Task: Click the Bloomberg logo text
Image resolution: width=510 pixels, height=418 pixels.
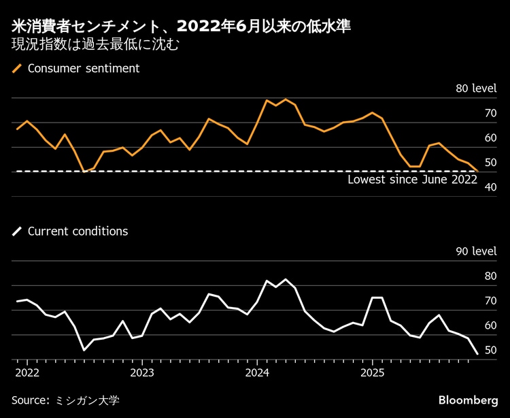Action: point(468,399)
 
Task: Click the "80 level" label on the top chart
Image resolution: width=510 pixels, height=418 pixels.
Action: point(475,89)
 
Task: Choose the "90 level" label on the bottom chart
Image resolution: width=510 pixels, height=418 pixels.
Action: point(475,251)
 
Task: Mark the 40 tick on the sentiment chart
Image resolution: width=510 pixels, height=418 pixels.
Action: point(490,187)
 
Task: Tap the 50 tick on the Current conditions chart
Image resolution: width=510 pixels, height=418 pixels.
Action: point(490,350)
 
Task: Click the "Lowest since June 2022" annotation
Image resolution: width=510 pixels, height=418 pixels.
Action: point(412,180)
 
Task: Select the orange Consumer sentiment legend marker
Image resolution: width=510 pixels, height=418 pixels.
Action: point(17,68)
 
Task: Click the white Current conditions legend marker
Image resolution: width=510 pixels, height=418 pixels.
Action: point(17,231)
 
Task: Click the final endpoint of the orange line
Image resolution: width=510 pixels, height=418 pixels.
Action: point(477,171)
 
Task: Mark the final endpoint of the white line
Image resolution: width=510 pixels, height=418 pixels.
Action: point(477,354)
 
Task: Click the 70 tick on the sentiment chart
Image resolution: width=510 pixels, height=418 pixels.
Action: point(490,113)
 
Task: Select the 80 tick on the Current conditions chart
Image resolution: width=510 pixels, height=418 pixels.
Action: point(490,276)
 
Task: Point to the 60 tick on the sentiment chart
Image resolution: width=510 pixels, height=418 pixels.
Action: point(490,138)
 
